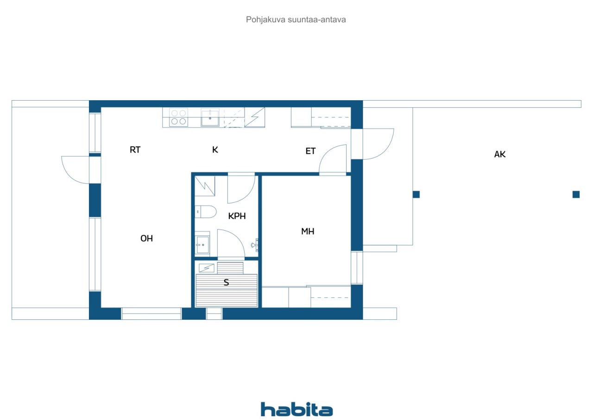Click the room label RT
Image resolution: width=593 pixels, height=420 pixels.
pyautogui.click(x=135, y=150)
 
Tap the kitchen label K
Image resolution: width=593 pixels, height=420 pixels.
pyautogui.click(x=215, y=150)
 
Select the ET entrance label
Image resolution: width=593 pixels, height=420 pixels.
pyautogui.click(x=310, y=151)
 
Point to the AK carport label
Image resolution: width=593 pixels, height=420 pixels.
pyautogui.click(x=500, y=155)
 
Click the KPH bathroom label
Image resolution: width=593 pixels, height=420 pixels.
pyautogui.click(x=237, y=216)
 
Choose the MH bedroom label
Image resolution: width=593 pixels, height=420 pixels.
pyautogui.click(x=308, y=232)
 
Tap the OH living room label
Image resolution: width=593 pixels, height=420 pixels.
pyautogui.click(x=147, y=239)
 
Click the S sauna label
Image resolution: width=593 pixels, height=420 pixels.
pyautogui.click(x=226, y=282)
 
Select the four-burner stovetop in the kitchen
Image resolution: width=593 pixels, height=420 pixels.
pyautogui.click(x=178, y=117)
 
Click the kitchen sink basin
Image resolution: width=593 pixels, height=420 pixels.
pyautogui.click(x=210, y=118)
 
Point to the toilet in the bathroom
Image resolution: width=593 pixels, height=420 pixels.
pyautogui.click(x=206, y=212)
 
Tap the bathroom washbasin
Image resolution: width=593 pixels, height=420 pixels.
pyautogui.click(x=202, y=244)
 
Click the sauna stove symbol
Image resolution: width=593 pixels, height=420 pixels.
pyautogui.click(x=207, y=268)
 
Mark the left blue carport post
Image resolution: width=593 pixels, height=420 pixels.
pyautogui.click(x=416, y=194)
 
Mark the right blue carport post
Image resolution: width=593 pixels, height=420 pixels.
pyautogui.click(x=576, y=194)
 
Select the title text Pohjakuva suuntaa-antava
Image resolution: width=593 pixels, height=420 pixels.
pyautogui.click(x=296, y=19)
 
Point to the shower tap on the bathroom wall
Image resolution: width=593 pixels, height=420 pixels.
pyautogui.click(x=255, y=245)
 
